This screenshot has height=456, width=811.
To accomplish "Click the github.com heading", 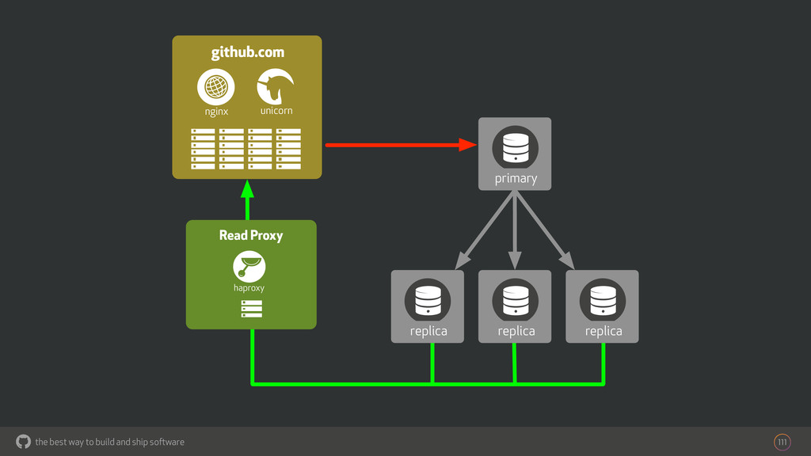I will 247,52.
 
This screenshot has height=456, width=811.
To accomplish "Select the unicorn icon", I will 276,86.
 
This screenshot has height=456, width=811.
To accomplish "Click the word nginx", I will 216,112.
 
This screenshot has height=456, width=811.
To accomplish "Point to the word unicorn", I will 276,111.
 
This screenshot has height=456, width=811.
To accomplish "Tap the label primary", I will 516,179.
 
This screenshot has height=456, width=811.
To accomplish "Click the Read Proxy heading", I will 250,235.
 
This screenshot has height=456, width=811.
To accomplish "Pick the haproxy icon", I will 249,265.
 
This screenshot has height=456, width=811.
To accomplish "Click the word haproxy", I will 249,288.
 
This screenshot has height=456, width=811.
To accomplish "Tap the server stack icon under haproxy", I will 251,309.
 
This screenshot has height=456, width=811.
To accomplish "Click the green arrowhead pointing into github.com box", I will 247,189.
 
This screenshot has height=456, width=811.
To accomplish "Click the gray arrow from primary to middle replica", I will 515,230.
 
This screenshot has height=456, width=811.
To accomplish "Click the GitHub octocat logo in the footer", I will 24,441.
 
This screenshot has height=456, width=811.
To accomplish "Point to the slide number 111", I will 782,442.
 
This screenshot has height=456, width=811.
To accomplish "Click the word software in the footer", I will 166,442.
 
